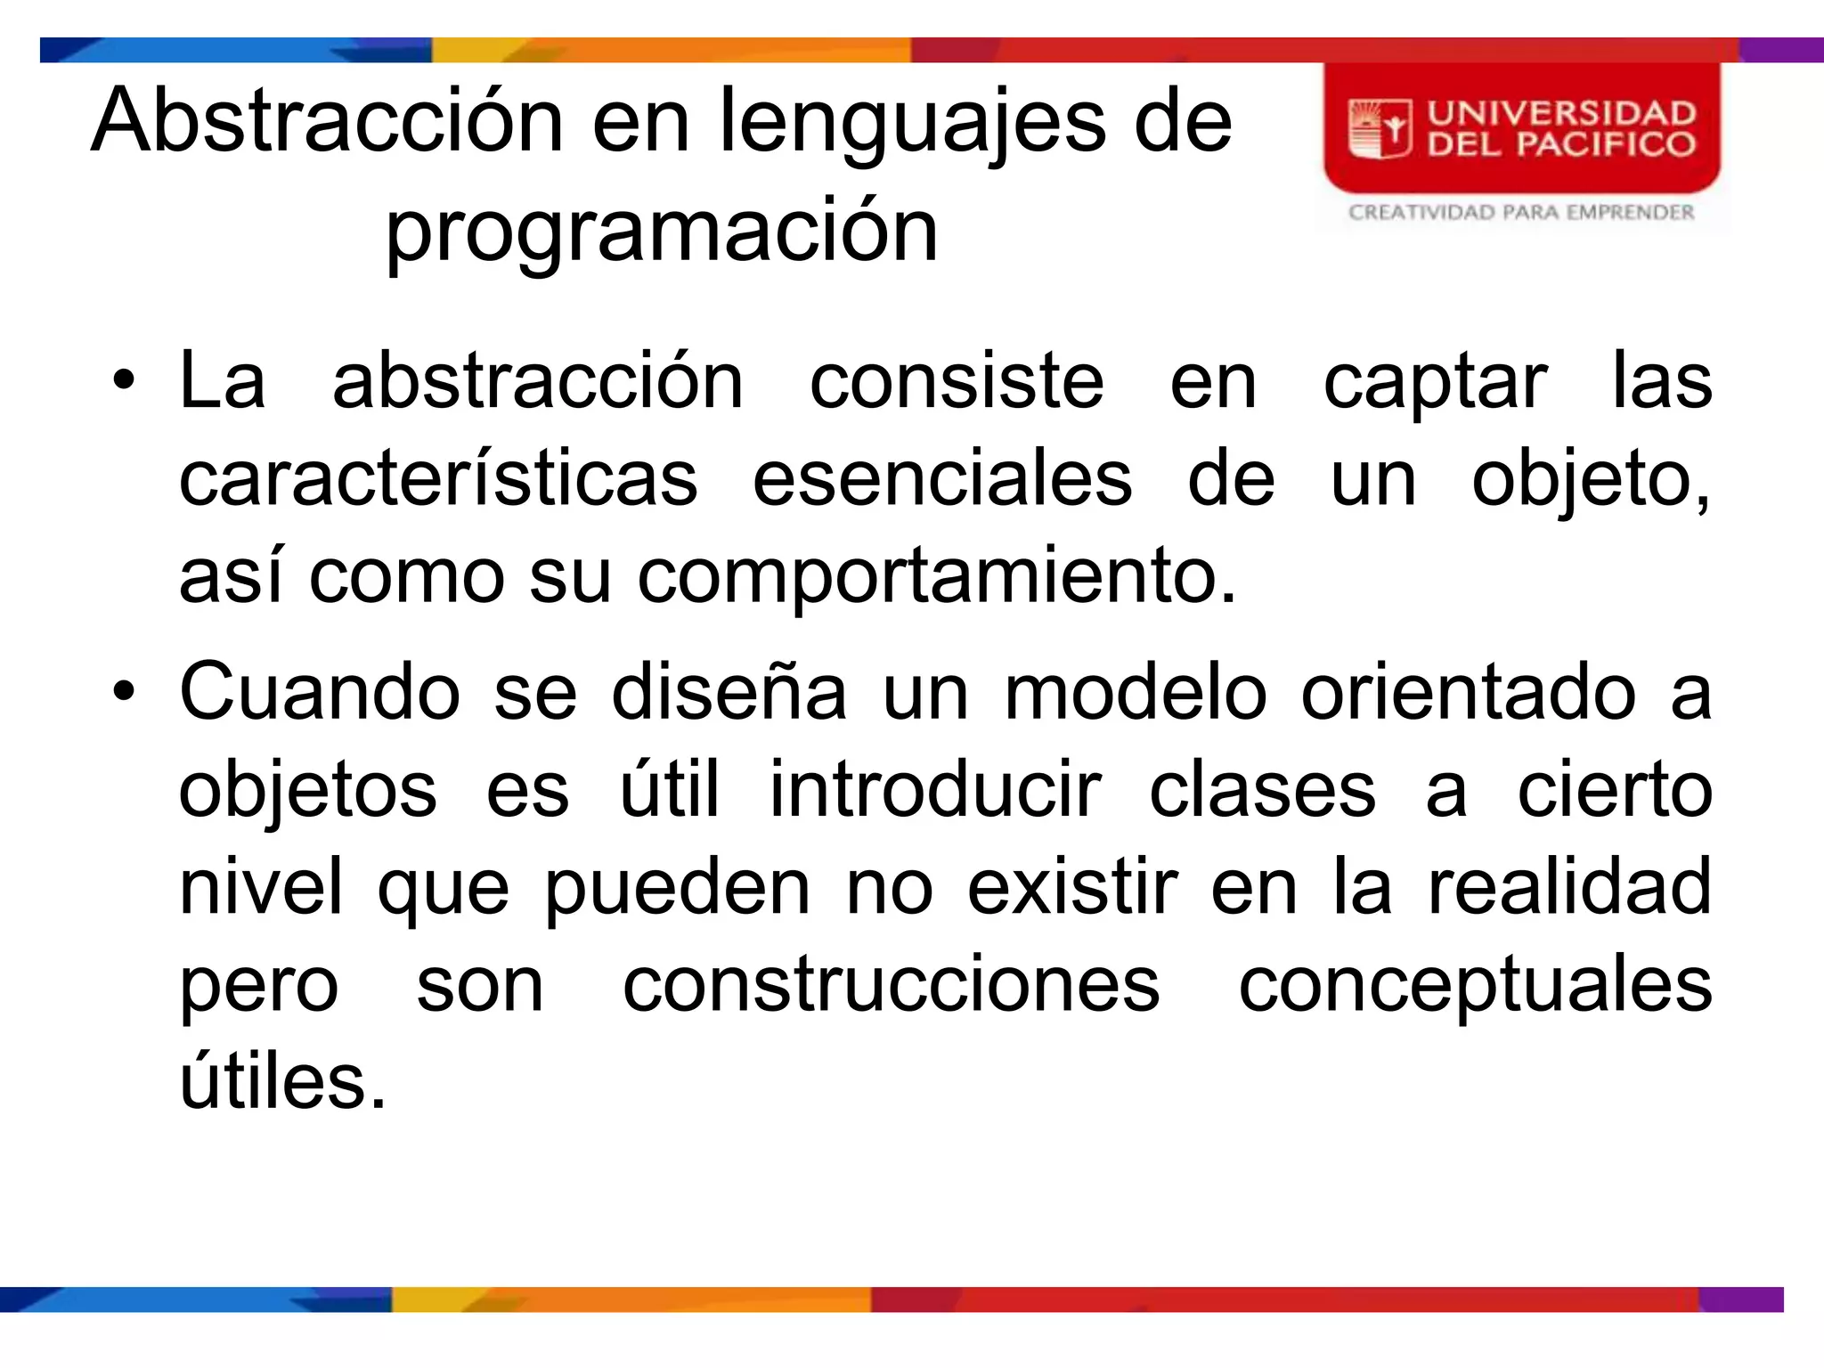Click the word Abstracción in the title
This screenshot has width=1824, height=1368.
click(x=327, y=121)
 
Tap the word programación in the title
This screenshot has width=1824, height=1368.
click(x=662, y=232)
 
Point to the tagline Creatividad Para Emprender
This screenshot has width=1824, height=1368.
click(x=1520, y=212)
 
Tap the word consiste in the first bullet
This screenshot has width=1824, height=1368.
click(x=957, y=381)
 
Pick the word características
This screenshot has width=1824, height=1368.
click(x=438, y=479)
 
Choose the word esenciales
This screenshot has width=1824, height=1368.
click(x=942, y=479)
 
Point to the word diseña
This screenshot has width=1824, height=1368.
click(x=729, y=692)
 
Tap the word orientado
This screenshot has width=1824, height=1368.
click(x=1468, y=692)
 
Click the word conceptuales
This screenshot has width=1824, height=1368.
click(x=1475, y=987)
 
